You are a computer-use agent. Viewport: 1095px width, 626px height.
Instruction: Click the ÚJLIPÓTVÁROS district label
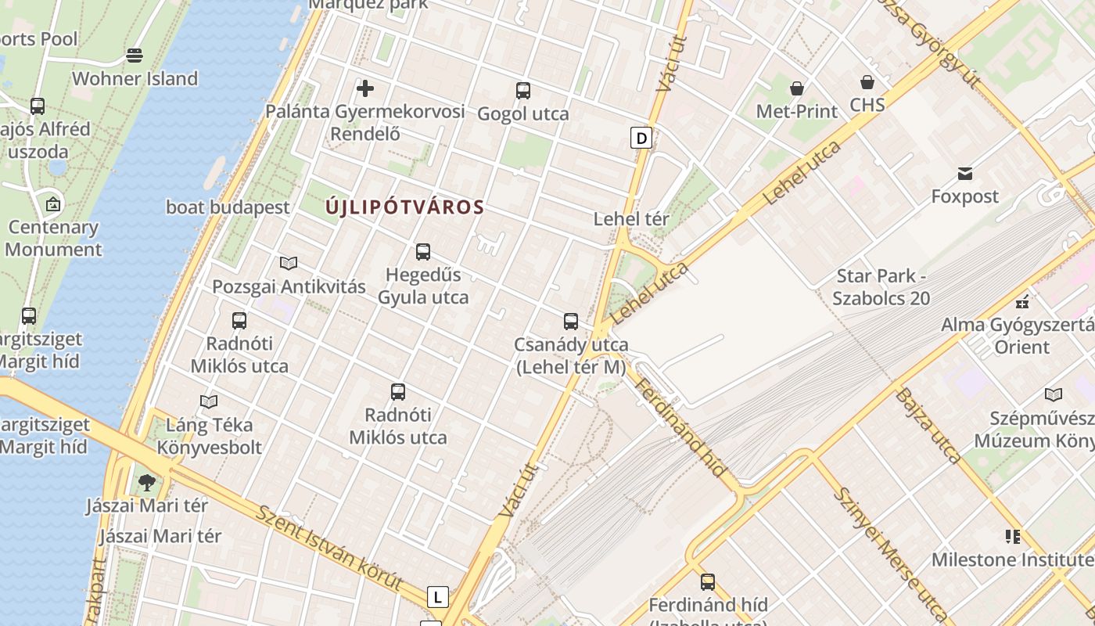pyautogui.click(x=404, y=207)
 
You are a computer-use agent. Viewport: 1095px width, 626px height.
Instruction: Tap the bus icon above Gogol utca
pyautogui.click(x=523, y=91)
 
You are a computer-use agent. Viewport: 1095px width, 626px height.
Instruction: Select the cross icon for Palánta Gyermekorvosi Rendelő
pyautogui.click(x=364, y=88)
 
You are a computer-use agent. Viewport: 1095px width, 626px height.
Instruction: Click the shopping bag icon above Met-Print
pyautogui.click(x=796, y=88)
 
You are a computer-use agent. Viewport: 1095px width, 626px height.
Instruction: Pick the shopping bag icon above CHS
pyautogui.click(x=867, y=82)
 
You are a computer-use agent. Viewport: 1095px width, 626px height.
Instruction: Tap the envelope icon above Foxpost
pyautogui.click(x=965, y=173)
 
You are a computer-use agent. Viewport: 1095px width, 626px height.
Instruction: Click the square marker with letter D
pyautogui.click(x=641, y=139)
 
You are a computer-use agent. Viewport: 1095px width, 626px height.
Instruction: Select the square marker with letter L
pyautogui.click(x=437, y=597)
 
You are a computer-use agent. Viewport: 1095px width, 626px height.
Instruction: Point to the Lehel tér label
pyautogui.click(x=631, y=219)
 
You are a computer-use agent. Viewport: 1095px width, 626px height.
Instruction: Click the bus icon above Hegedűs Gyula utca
pyautogui.click(x=423, y=252)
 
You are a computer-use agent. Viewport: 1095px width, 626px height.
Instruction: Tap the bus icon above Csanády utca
pyautogui.click(x=571, y=322)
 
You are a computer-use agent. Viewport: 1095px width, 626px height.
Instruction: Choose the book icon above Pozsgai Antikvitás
pyautogui.click(x=289, y=263)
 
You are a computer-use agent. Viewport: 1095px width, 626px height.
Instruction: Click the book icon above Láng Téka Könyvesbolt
pyautogui.click(x=209, y=402)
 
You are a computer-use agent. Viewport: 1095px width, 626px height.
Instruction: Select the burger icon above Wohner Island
pyautogui.click(x=135, y=56)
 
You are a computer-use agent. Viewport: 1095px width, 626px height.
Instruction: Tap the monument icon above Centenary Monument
pyautogui.click(x=53, y=205)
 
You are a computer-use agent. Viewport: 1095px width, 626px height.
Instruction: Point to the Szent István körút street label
pyautogui.click(x=329, y=548)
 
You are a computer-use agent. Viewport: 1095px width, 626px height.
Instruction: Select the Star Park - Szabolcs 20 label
pyautogui.click(x=881, y=287)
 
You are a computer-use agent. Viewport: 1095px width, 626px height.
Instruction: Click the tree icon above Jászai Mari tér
pyautogui.click(x=146, y=483)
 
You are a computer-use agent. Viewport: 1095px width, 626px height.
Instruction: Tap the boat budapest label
pyautogui.click(x=228, y=207)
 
